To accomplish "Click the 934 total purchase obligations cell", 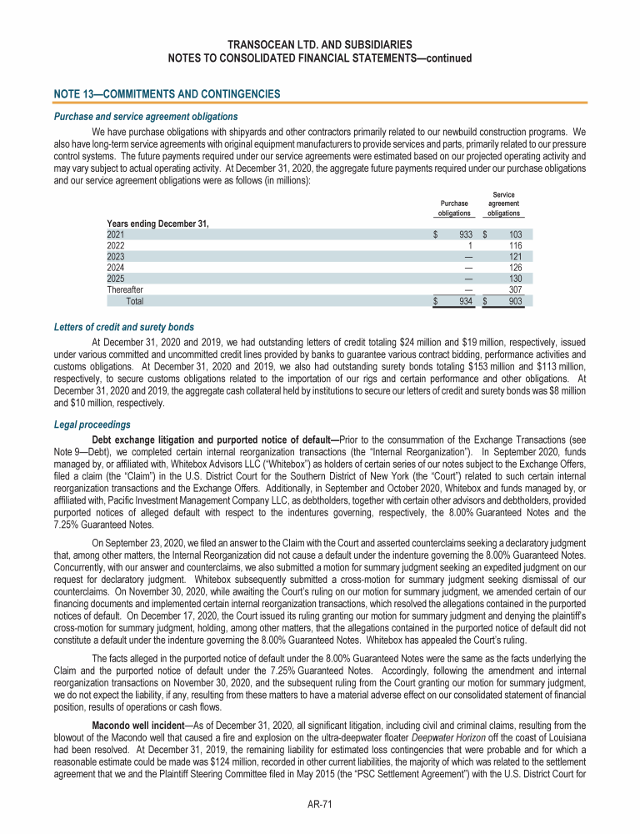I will pos(464,300).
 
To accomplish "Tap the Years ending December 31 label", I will pos(157,224).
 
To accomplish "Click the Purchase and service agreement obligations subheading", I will pos(142,116).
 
